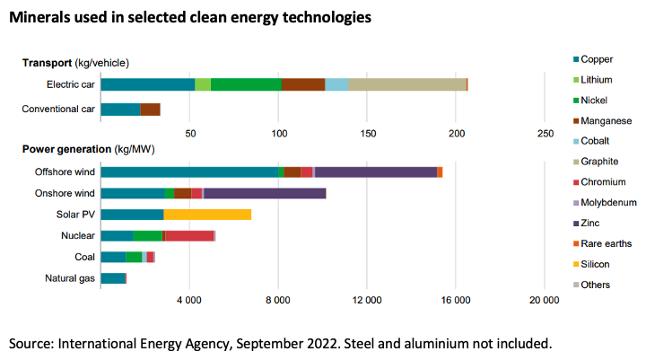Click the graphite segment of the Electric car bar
click(x=406, y=84)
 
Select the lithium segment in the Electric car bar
click(x=203, y=84)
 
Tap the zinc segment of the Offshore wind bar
click(x=375, y=171)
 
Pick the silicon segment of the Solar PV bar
click(x=207, y=215)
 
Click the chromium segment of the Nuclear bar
click(x=189, y=236)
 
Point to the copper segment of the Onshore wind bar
click(x=132, y=193)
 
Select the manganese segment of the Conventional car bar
click(x=150, y=110)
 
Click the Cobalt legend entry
click(x=596, y=142)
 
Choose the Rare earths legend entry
click(x=602, y=243)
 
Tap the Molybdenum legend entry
click(x=607, y=203)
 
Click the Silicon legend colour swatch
click(x=575, y=264)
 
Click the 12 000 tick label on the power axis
click(x=367, y=299)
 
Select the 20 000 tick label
click(x=544, y=299)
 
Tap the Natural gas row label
click(x=70, y=278)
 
